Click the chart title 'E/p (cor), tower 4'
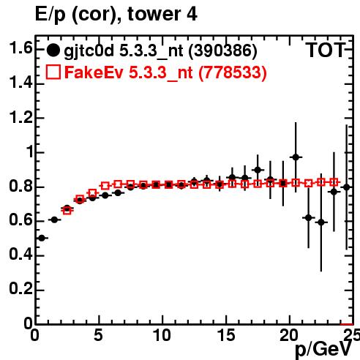click(x=116, y=14)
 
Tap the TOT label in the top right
click(x=326, y=50)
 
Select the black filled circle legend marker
click(x=53, y=50)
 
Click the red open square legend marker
click(x=53, y=72)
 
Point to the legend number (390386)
click(x=222, y=51)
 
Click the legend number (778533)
click(x=233, y=72)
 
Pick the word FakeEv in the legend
click(x=94, y=72)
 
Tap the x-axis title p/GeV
click(x=323, y=349)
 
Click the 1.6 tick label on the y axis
click(x=20, y=48)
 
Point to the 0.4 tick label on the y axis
click(x=20, y=255)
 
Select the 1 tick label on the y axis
click(x=29, y=151)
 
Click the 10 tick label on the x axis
click(x=162, y=335)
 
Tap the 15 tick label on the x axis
click(x=226, y=335)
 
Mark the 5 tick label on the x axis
click(x=98, y=335)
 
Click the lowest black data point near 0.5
click(x=42, y=238)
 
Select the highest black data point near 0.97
click(x=296, y=157)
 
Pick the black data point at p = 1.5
click(x=54, y=220)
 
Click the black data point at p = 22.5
click(x=321, y=222)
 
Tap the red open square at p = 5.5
click(x=105, y=186)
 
